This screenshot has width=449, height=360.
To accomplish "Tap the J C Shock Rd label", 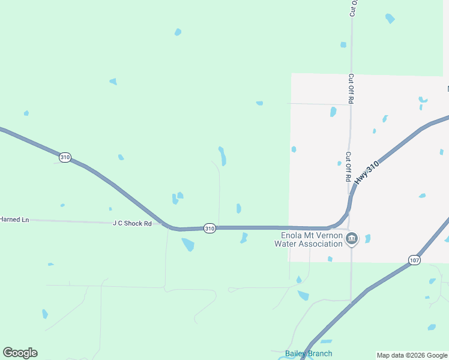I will coord(132,223).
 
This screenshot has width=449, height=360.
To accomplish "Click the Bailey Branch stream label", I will coord(309,353).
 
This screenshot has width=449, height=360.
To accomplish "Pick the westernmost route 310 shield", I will coord(65,157).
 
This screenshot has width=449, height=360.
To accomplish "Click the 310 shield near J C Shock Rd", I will coord(209,229).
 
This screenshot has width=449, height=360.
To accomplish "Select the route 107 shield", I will coord(414,260).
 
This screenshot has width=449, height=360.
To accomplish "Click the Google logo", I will coord(20,353).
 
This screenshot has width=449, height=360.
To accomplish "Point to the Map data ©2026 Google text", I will coord(412,355).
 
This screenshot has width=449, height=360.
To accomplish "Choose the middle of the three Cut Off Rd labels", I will coord(351,88).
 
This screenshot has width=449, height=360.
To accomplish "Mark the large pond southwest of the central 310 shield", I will coord(188,244).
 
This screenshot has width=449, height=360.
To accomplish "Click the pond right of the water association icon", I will coord(367,239).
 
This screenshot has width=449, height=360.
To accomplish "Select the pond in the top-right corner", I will coord(390,18).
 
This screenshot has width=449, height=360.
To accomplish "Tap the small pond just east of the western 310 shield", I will coord(121,157).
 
